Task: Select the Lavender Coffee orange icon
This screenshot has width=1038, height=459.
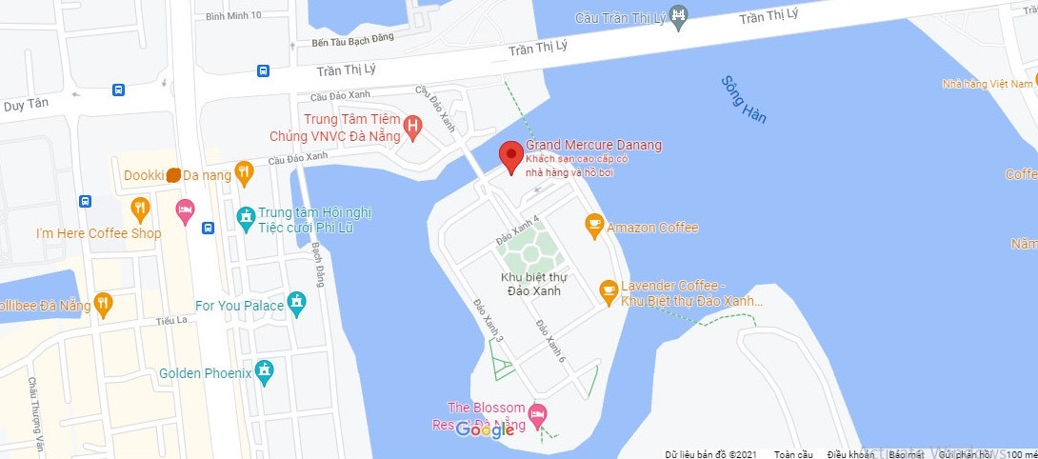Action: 609,292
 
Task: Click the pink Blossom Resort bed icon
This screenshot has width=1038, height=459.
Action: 538,414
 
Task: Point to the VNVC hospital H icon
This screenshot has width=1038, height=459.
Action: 412,125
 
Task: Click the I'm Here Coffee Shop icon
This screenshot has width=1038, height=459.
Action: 141,209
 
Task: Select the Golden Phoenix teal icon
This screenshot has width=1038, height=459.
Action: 265,372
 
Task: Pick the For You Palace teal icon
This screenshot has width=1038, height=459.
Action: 298,305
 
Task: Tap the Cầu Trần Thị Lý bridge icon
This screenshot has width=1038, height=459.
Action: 678,14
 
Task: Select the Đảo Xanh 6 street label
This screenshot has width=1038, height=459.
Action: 550,340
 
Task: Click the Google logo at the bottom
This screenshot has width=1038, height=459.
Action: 485,429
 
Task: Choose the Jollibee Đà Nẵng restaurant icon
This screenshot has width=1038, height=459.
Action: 104,306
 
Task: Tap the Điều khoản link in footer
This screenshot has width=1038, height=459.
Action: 850,454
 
